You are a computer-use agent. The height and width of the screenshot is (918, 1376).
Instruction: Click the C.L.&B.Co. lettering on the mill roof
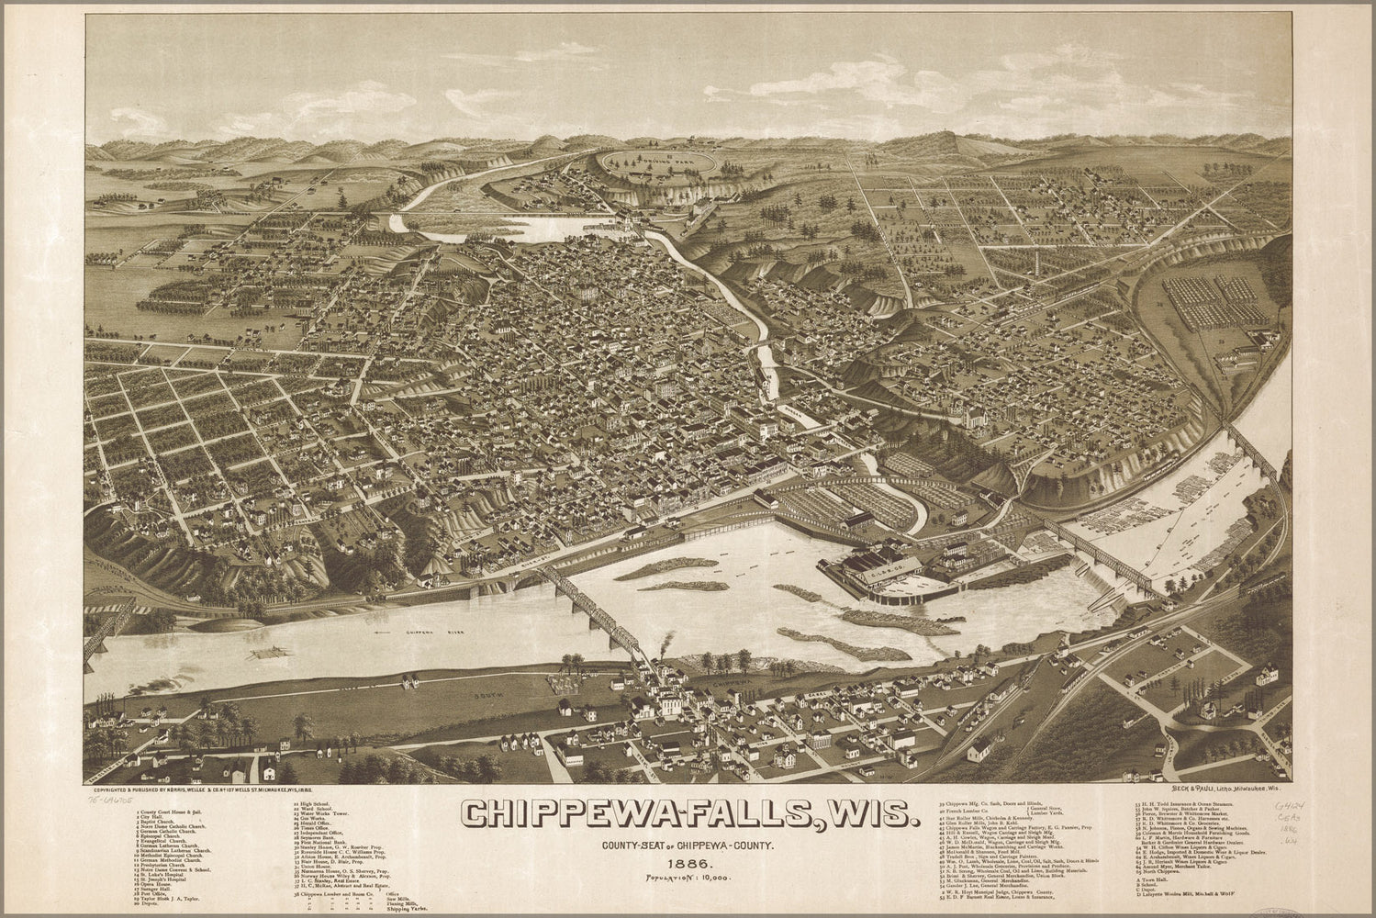click(885, 576)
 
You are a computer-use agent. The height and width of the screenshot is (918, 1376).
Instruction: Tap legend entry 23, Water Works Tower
click(327, 813)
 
